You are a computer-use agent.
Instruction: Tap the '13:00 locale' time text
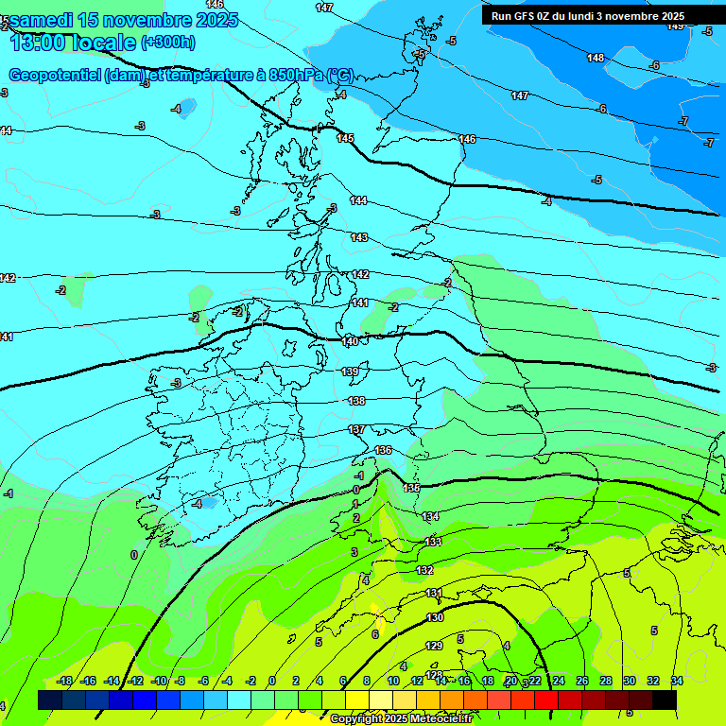(x=72, y=42)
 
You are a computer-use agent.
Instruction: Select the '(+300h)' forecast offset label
(x=168, y=42)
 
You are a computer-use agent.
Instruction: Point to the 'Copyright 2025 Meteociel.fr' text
(x=401, y=718)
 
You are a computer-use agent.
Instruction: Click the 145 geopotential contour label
(x=345, y=138)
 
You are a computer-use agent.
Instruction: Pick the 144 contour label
(x=358, y=200)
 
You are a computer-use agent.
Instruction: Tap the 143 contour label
(x=359, y=237)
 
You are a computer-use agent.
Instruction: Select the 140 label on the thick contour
(x=350, y=340)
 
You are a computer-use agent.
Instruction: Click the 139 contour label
(x=350, y=372)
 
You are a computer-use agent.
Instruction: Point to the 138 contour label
(x=356, y=401)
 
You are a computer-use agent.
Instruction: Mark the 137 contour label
(x=356, y=429)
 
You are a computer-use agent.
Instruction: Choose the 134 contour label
(x=431, y=516)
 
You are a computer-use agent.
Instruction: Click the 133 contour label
(x=434, y=542)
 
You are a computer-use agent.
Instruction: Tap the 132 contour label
(x=425, y=570)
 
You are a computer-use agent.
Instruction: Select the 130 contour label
(x=435, y=617)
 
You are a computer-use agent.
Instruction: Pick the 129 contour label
(x=434, y=646)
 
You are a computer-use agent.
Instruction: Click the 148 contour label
(x=596, y=58)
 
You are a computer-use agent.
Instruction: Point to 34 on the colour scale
(x=677, y=681)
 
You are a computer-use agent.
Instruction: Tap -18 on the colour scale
(x=65, y=681)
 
